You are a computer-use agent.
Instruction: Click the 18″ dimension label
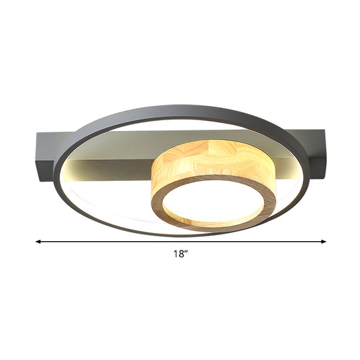click(180, 255)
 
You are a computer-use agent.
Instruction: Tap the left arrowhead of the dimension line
click(39, 240)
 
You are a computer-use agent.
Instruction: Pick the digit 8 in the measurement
click(180, 255)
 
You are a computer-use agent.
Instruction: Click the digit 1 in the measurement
click(174, 255)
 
